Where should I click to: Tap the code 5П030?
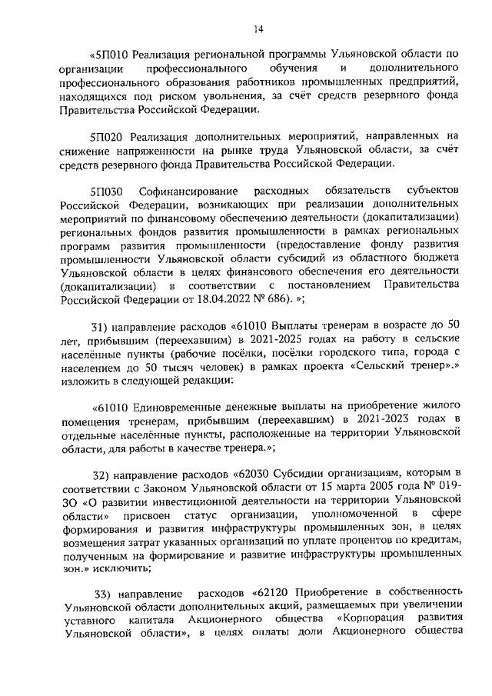(x=108, y=191)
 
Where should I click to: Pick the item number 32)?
(x=103, y=471)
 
